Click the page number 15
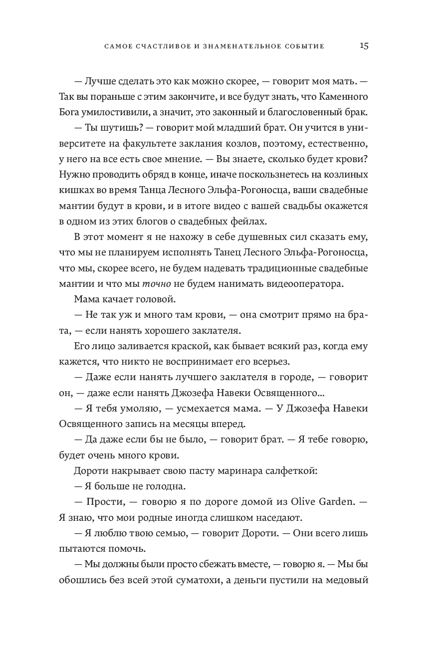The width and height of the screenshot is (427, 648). click(364, 45)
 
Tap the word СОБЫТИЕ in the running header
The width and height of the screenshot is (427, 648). click(304, 46)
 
